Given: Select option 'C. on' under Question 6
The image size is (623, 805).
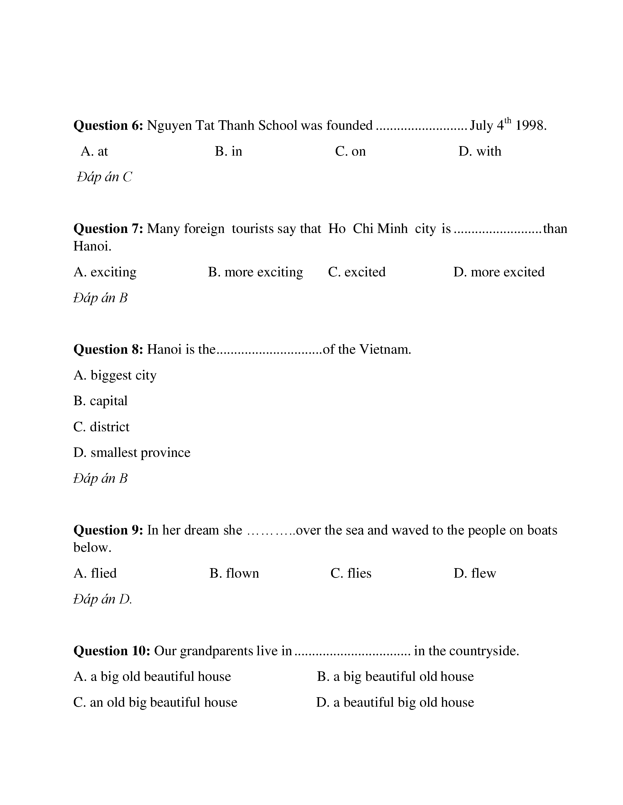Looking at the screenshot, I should pos(350,151).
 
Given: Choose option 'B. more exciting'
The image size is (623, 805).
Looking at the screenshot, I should pos(255,272).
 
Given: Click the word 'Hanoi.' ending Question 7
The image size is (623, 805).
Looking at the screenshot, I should pos(92,246).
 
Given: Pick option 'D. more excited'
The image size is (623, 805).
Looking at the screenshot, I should pos(499,272).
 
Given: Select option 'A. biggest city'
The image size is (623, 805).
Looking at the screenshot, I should pos(115,375).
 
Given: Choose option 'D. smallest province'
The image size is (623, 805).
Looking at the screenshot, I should pos(132,453).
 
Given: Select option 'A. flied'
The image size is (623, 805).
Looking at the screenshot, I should pos(95,573).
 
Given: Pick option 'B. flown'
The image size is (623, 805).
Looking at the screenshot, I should pos(234,573).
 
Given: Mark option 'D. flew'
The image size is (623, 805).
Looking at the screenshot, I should pos(475,573).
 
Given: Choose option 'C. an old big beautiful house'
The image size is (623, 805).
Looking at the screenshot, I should pos(155,702).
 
